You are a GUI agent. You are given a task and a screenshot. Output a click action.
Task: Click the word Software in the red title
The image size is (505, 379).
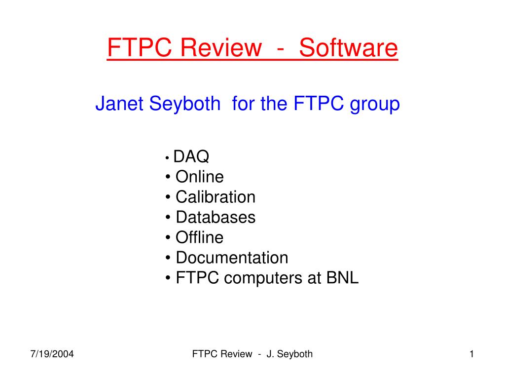pyautogui.click(x=348, y=48)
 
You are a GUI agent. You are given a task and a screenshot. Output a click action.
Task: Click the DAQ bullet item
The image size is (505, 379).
pyautogui.click(x=191, y=157)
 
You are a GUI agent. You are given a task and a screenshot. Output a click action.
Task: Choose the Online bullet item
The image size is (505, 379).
pyautogui.click(x=199, y=177)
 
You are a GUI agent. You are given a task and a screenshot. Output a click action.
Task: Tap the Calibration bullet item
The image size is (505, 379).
pyautogui.click(x=216, y=197)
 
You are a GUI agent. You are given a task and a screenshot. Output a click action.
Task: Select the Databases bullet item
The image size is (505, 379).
pyautogui.click(x=216, y=217)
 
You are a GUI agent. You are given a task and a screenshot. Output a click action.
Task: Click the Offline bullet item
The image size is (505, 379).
pyautogui.click(x=199, y=237)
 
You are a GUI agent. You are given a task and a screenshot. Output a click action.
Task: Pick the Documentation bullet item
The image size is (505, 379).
pyautogui.click(x=232, y=258)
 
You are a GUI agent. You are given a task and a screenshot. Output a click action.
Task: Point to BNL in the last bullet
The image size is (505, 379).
pyautogui.click(x=342, y=278)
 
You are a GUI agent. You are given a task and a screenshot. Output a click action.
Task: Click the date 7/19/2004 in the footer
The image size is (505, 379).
pyautogui.click(x=52, y=354)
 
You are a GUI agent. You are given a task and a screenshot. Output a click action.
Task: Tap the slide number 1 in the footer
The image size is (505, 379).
pyautogui.click(x=471, y=354)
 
